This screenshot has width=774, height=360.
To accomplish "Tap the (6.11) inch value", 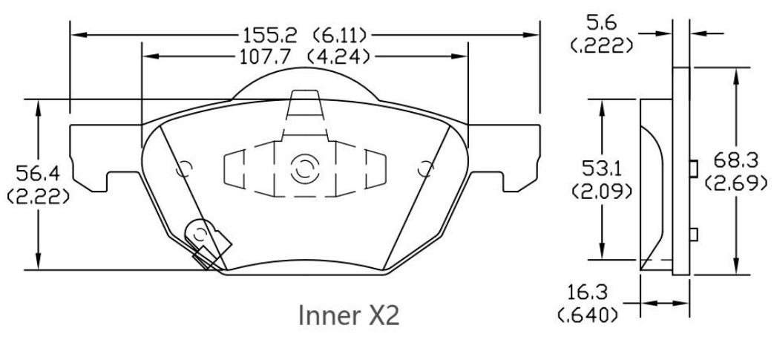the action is coord(341,35).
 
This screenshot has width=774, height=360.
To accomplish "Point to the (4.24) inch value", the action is coord(341,56).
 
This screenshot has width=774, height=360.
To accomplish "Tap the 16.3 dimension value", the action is coord(593,291).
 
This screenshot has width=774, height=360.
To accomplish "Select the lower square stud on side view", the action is coord(694,235).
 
